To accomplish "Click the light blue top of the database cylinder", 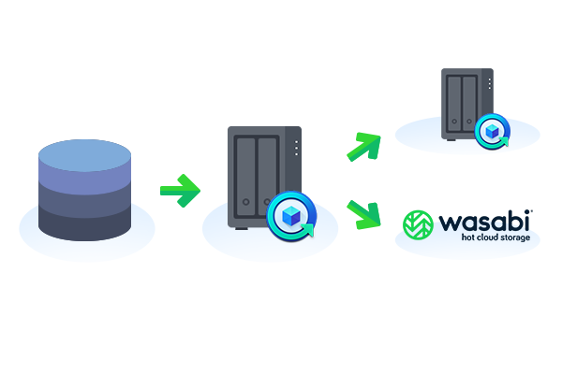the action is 84,155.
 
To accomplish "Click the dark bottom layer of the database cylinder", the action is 84,224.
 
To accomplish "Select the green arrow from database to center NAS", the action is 180,191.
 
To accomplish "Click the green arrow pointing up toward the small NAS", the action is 363,147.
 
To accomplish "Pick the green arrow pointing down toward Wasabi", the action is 363,215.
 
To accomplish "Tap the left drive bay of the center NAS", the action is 245,177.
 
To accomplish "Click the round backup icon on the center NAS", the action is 291,216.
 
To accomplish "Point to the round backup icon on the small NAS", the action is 493,131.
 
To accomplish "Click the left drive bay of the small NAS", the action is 454,104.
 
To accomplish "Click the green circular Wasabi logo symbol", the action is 418,224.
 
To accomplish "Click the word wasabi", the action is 484,221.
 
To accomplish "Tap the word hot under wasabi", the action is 467,237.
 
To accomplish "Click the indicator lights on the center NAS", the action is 296,148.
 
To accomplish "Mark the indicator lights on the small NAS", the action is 490,84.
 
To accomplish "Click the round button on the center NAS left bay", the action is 245,202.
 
